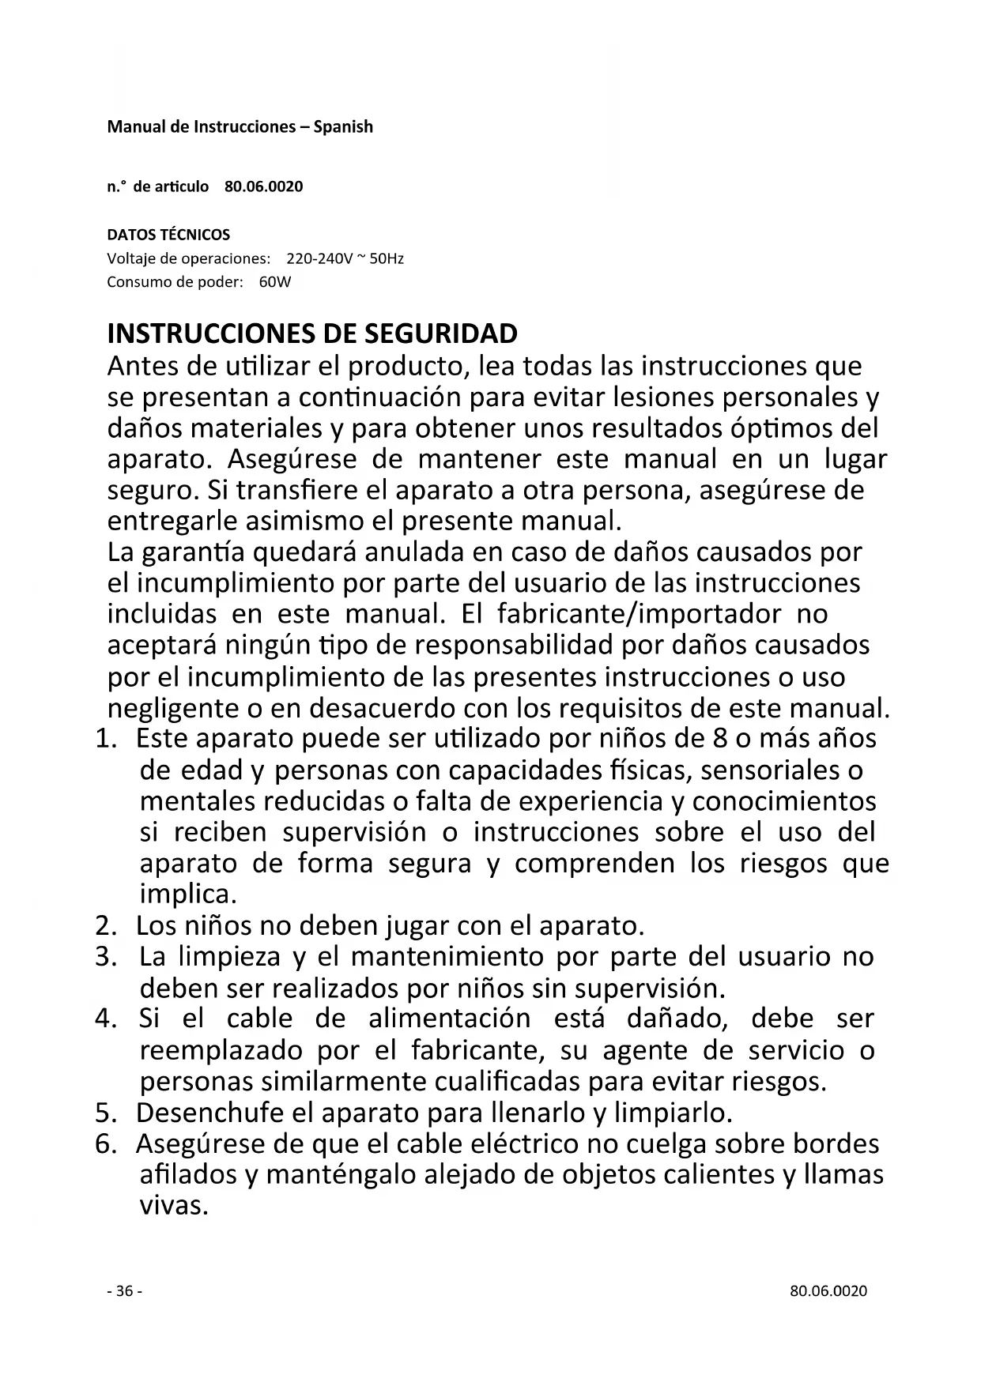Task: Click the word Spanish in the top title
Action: (x=343, y=127)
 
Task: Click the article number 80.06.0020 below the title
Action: (x=263, y=187)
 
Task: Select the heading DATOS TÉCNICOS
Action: (x=168, y=235)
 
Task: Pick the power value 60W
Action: (x=275, y=283)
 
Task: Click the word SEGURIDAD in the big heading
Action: (x=441, y=334)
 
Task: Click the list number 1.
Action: (x=106, y=739)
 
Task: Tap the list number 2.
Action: (x=106, y=925)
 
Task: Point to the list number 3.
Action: (x=106, y=957)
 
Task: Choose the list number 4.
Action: (x=106, y=1019)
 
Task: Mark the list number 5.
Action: (x=106, y=1113)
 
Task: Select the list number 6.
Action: (x=106, y=1144)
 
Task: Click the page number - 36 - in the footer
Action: (x=124, y=1291)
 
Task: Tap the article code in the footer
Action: (x=828, y=1291)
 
